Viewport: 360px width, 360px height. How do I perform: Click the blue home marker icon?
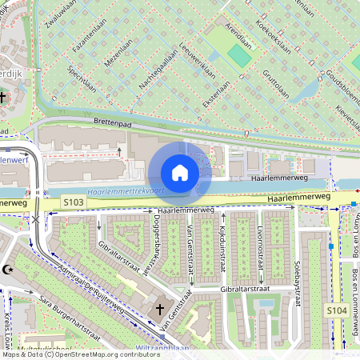pyautogui.click(x=180, y=173)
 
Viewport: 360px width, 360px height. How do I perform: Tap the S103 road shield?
pyautogui.click(x=73, y=204)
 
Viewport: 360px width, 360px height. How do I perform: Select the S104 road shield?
pyautogui.click(x=335, y=309)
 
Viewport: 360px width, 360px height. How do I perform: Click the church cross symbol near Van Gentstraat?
pyautogui.click(x=158, y=308)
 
